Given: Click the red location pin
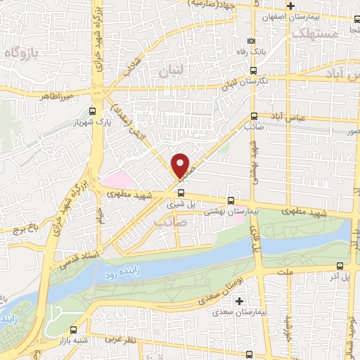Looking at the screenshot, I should point(181,165).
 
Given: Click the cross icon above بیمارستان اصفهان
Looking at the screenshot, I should point(290,5).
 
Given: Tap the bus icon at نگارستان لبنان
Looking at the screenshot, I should point(253,70).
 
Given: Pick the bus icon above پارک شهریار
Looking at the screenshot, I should point(94,110).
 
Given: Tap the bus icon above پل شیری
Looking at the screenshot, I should point(181,192).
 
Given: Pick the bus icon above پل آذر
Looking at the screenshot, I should point(340,266).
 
